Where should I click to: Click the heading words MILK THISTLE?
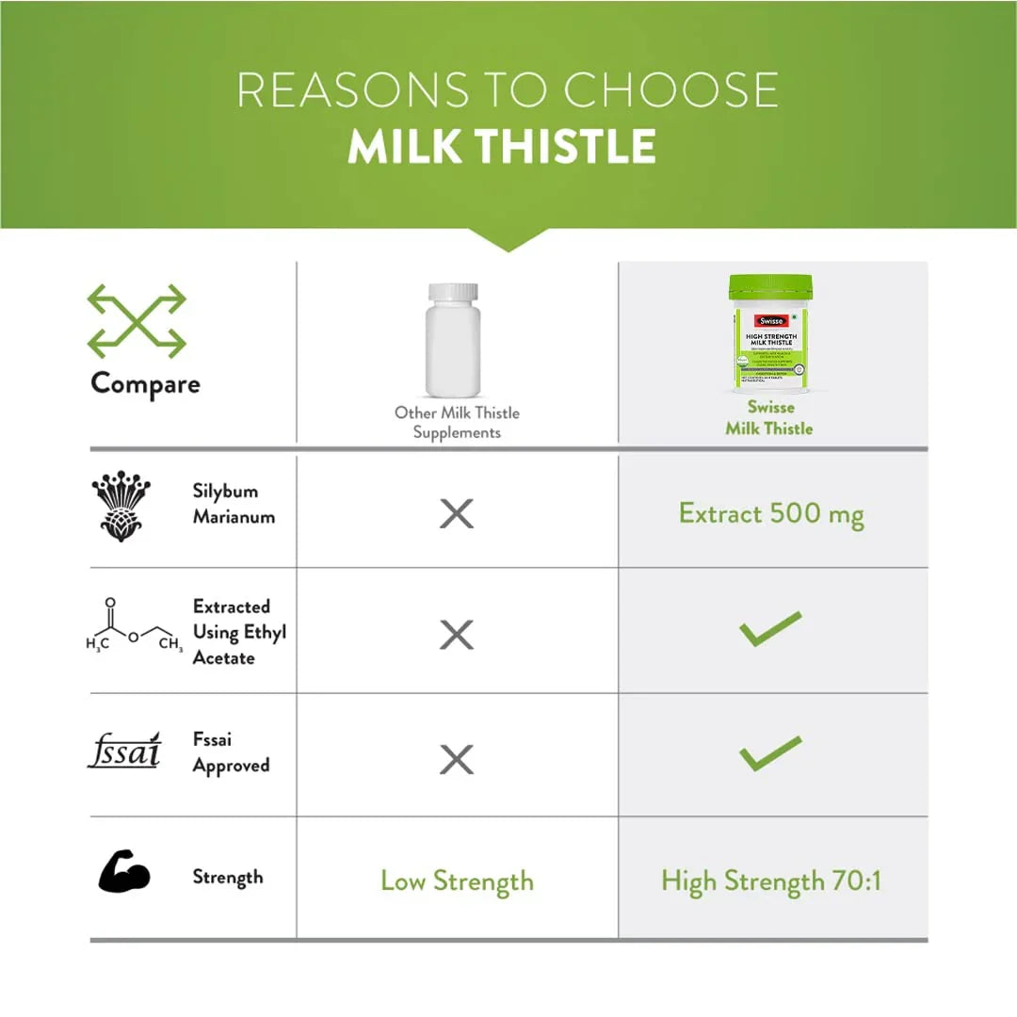[502, 146]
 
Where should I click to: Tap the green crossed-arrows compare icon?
[137, 322]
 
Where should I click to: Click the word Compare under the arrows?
[145, 384]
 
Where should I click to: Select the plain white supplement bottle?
[453, 340]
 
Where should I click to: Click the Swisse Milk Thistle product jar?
[770, 333]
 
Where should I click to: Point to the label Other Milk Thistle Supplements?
[457, 423]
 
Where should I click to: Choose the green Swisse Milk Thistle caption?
[769, 418]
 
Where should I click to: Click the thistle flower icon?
[121, 508]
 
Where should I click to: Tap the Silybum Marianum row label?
[225, 504]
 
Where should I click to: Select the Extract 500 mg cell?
[771, 514]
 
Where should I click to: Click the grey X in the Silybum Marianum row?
[457, 514]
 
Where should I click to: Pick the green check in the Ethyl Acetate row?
[770, 629]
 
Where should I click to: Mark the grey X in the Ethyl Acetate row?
[457, 637]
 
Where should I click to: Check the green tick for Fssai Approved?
[770, 753]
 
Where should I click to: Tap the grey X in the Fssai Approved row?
[457, 759]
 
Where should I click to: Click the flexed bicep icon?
[124, 872]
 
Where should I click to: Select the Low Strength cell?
[457, 881]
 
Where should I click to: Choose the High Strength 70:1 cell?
[771, 881]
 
